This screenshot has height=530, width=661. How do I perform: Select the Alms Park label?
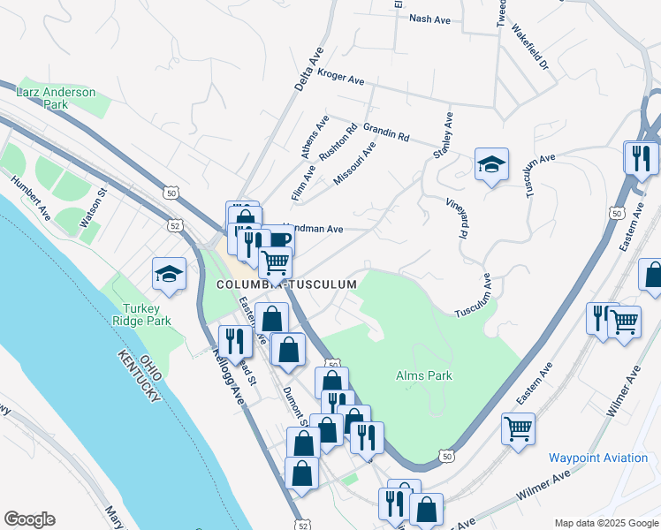tap(424, 375)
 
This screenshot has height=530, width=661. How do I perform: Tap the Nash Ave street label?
tap(430, 18)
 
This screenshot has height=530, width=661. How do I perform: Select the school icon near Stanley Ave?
tap(491, 164)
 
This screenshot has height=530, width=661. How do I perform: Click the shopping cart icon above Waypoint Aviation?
tap(518, 429)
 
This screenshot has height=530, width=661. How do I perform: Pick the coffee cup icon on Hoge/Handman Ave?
tap(280, 239)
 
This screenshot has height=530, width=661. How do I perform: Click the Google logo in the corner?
tap(29, 519)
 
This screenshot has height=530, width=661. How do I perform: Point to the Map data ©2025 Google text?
tap(605, 523)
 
